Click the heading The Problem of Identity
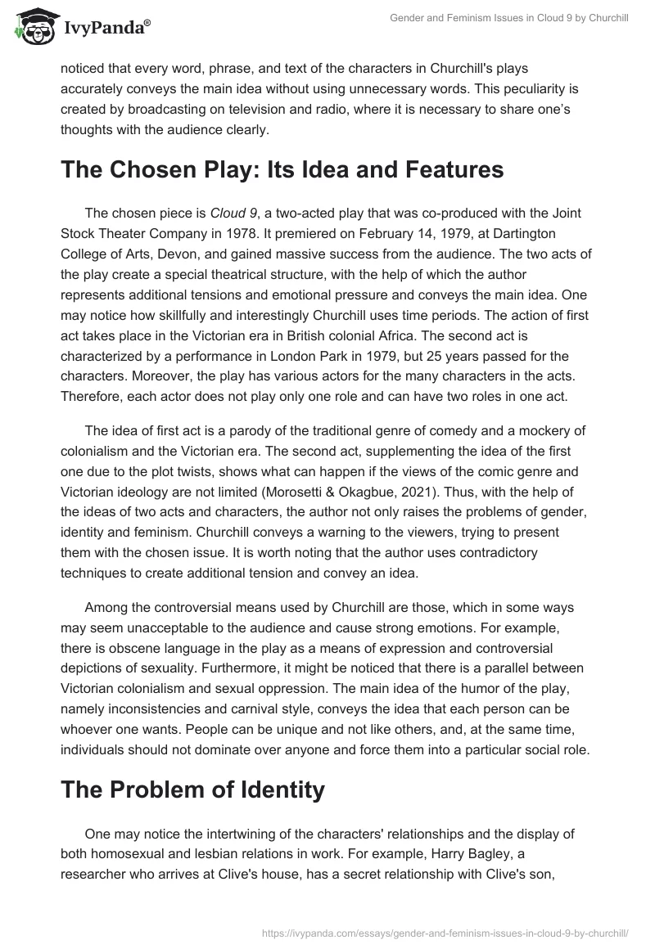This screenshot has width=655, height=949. click(x=192, y=789)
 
